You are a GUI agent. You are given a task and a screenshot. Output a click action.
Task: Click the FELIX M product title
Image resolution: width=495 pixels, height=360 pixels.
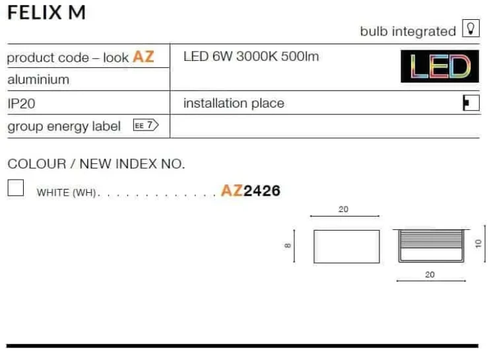click(46, 13)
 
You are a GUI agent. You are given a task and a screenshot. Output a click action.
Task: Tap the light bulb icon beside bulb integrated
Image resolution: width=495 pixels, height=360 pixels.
click(471, 28)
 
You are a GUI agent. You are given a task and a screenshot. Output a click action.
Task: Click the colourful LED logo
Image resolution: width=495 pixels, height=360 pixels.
click(440, 66)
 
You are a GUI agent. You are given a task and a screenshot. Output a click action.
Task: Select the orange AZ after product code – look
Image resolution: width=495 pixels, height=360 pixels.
click(143, 57)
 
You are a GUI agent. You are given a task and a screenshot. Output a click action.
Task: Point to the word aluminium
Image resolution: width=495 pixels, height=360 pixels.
click(38, 79)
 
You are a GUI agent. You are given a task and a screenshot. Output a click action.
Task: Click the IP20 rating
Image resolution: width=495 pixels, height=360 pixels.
click(21, 103)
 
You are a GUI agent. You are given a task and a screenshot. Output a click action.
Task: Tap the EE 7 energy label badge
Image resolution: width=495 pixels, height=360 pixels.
click(146, 125)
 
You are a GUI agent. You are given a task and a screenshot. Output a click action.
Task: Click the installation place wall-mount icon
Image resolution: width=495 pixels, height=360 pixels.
click(471, 103)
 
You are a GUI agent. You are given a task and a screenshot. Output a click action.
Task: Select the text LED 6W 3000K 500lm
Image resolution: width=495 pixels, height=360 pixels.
click(251, 57)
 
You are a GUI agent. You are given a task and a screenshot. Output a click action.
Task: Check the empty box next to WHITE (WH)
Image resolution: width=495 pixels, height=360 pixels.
click(15, 188)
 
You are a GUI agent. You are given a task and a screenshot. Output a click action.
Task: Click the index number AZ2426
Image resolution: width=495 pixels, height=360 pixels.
click(251, 191)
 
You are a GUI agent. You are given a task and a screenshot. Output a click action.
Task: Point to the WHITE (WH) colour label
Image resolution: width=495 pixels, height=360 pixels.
click(66, 192)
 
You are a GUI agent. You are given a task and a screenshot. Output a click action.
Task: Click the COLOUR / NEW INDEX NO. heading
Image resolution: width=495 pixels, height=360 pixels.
click(96, 164)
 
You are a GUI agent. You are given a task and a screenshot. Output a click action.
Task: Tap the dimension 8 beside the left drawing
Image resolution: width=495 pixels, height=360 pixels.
click(287, 246)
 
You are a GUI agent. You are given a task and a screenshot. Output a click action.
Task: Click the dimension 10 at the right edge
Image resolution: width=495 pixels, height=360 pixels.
click(478, 243)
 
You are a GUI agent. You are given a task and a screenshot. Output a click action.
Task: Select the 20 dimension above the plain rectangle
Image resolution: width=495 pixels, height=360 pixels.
click(343, 209)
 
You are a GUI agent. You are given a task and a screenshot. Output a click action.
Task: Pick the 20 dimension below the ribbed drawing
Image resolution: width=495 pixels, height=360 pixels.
click(430, 274)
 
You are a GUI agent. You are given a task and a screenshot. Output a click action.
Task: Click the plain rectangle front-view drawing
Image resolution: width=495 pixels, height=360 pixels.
click(346, 246)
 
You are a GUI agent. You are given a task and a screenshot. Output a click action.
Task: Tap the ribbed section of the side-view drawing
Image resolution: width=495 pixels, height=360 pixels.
click(431, 239)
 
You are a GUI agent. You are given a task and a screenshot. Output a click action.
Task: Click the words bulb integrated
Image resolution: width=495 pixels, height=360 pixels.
click(408, 31)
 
